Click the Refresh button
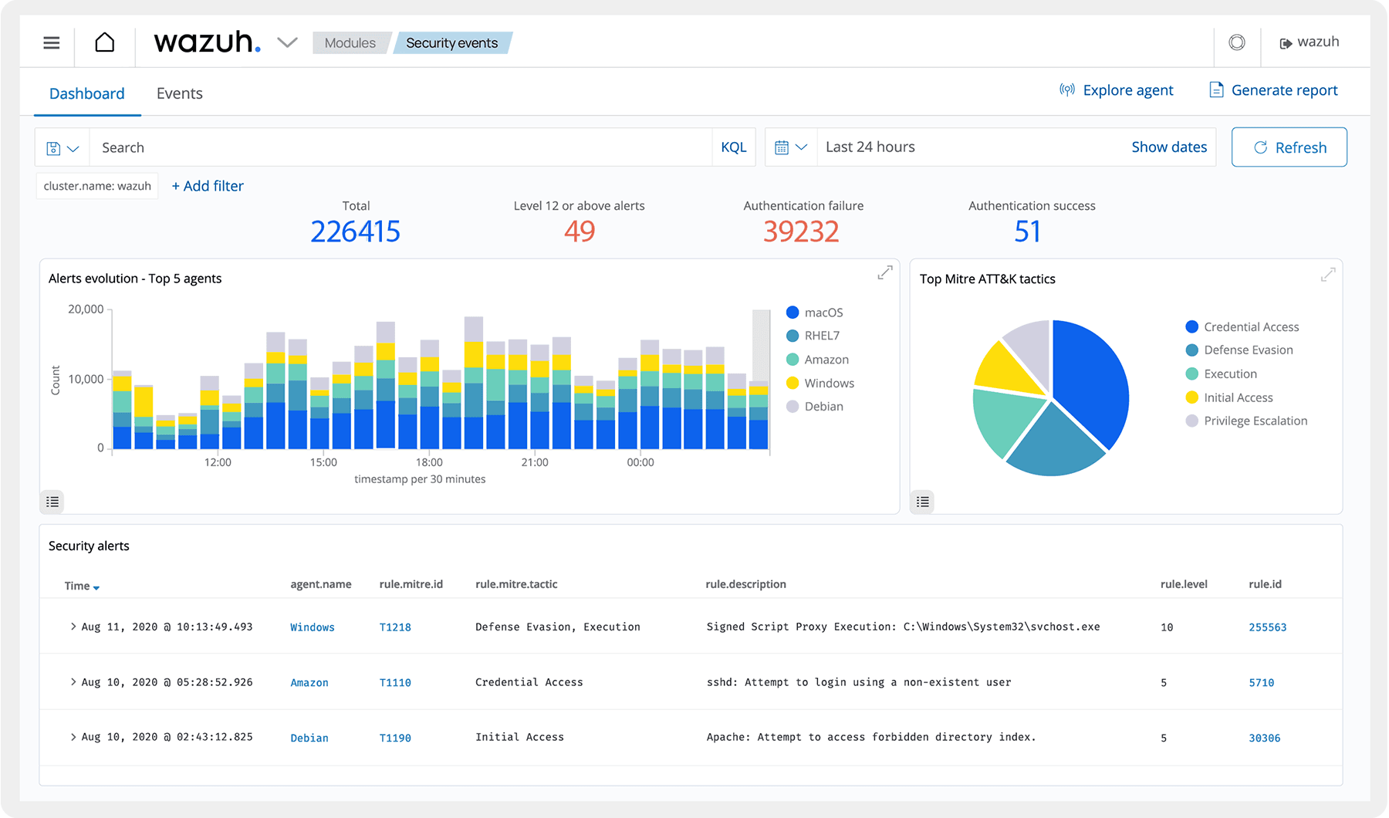[x=1289, y=147]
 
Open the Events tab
[x=179, y=93]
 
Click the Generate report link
[x=1273, y=90]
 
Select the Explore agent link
[x=1117, y=90]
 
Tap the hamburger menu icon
[x=52, y=42]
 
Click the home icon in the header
[x=105, y=42]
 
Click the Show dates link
[x=1168, y=147]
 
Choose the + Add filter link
[x=208, y=186]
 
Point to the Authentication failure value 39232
[x=800, y=232]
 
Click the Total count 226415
[x=355, y=232]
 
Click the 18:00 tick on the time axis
[x=429, y=462]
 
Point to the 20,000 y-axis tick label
[x=86, y=309]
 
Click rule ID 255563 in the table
[x=1267, y=627]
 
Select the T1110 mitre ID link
[x=395, y=683]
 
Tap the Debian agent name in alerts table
[x=309, y=739]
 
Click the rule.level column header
[x=1183, y=584]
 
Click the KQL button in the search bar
[x=733, y=147]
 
